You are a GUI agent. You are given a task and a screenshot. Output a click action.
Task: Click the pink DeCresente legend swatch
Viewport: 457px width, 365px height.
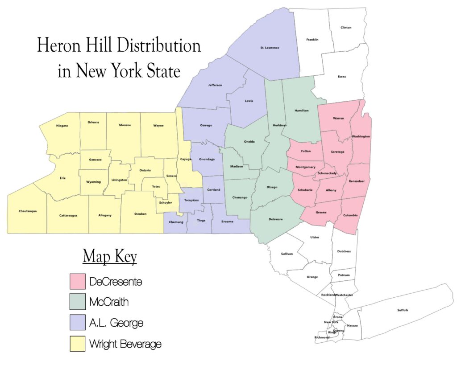(x=77, y=282)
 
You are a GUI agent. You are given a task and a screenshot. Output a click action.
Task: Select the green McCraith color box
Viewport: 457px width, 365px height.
(x=77, y=303)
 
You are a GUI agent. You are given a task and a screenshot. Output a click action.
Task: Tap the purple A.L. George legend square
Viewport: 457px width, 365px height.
(x=77, y=323)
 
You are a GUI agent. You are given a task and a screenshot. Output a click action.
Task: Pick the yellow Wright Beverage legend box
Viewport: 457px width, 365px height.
(x=77, y=344)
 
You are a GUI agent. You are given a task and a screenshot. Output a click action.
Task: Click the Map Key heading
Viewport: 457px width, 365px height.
(x=110, y=257)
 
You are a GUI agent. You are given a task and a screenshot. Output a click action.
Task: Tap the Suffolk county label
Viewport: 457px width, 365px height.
(x=403, y=310)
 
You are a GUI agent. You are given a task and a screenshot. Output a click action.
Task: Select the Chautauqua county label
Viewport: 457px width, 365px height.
(x=28, y=211)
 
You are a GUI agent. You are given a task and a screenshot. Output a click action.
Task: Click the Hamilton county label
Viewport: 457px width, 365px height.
(x=302, y=110)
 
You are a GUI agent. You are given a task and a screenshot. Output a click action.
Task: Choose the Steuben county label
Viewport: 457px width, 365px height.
(x=140, y=214)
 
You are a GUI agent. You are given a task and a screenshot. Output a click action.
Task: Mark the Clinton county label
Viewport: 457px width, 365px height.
(x=346, y=28)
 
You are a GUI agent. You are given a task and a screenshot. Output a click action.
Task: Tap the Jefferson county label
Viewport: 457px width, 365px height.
(x=215, y=85)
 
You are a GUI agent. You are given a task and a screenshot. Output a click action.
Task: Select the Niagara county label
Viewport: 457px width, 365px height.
(x=62, y=126)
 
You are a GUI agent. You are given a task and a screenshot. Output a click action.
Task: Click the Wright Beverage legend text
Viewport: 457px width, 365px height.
(x=125, y=344)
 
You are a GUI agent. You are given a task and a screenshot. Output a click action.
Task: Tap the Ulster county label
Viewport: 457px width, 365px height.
(x=315, y=237)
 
